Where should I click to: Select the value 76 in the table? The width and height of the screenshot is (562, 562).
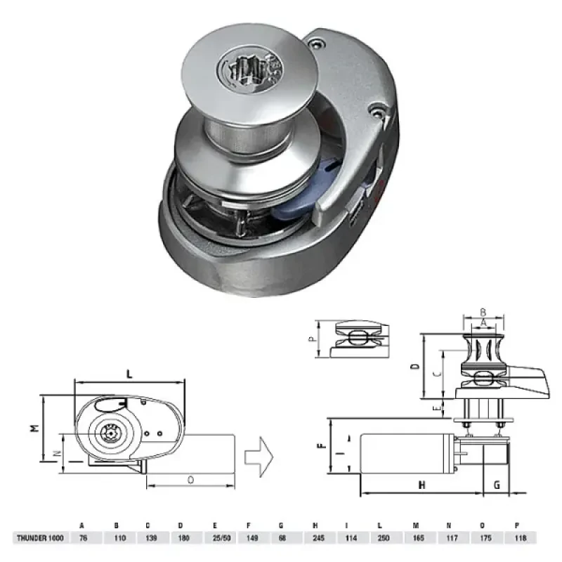click(82, 538)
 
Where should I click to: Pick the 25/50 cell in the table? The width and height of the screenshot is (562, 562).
click(214, 538)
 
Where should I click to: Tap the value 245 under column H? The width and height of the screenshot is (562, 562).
click(314, 538)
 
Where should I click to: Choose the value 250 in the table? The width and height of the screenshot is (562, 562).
click(380, 538)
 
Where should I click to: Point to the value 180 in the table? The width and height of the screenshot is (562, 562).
click(181, 538)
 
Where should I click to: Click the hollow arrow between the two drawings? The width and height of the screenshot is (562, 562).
click(258, 456)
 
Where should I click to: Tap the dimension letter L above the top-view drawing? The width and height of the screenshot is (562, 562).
click(129, 374)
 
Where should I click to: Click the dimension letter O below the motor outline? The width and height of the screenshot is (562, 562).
click(191, 479)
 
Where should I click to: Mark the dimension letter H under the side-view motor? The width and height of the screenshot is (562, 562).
click(421, 485)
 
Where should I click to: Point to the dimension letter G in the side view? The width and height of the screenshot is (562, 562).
click(497, 484)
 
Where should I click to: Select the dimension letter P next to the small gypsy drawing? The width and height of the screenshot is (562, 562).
click(311, 339)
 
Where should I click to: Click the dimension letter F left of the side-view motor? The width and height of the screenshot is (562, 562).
click(320, 445)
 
